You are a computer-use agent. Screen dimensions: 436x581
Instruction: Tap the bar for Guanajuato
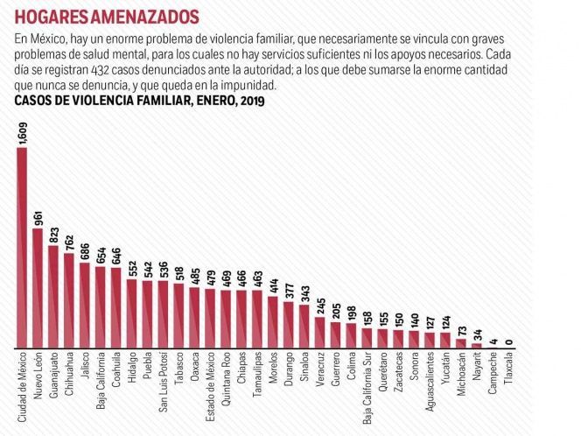coord(53,297)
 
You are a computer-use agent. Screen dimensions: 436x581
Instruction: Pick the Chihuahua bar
coord(69,300)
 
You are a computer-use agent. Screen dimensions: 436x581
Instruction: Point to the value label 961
coord(38,218)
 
